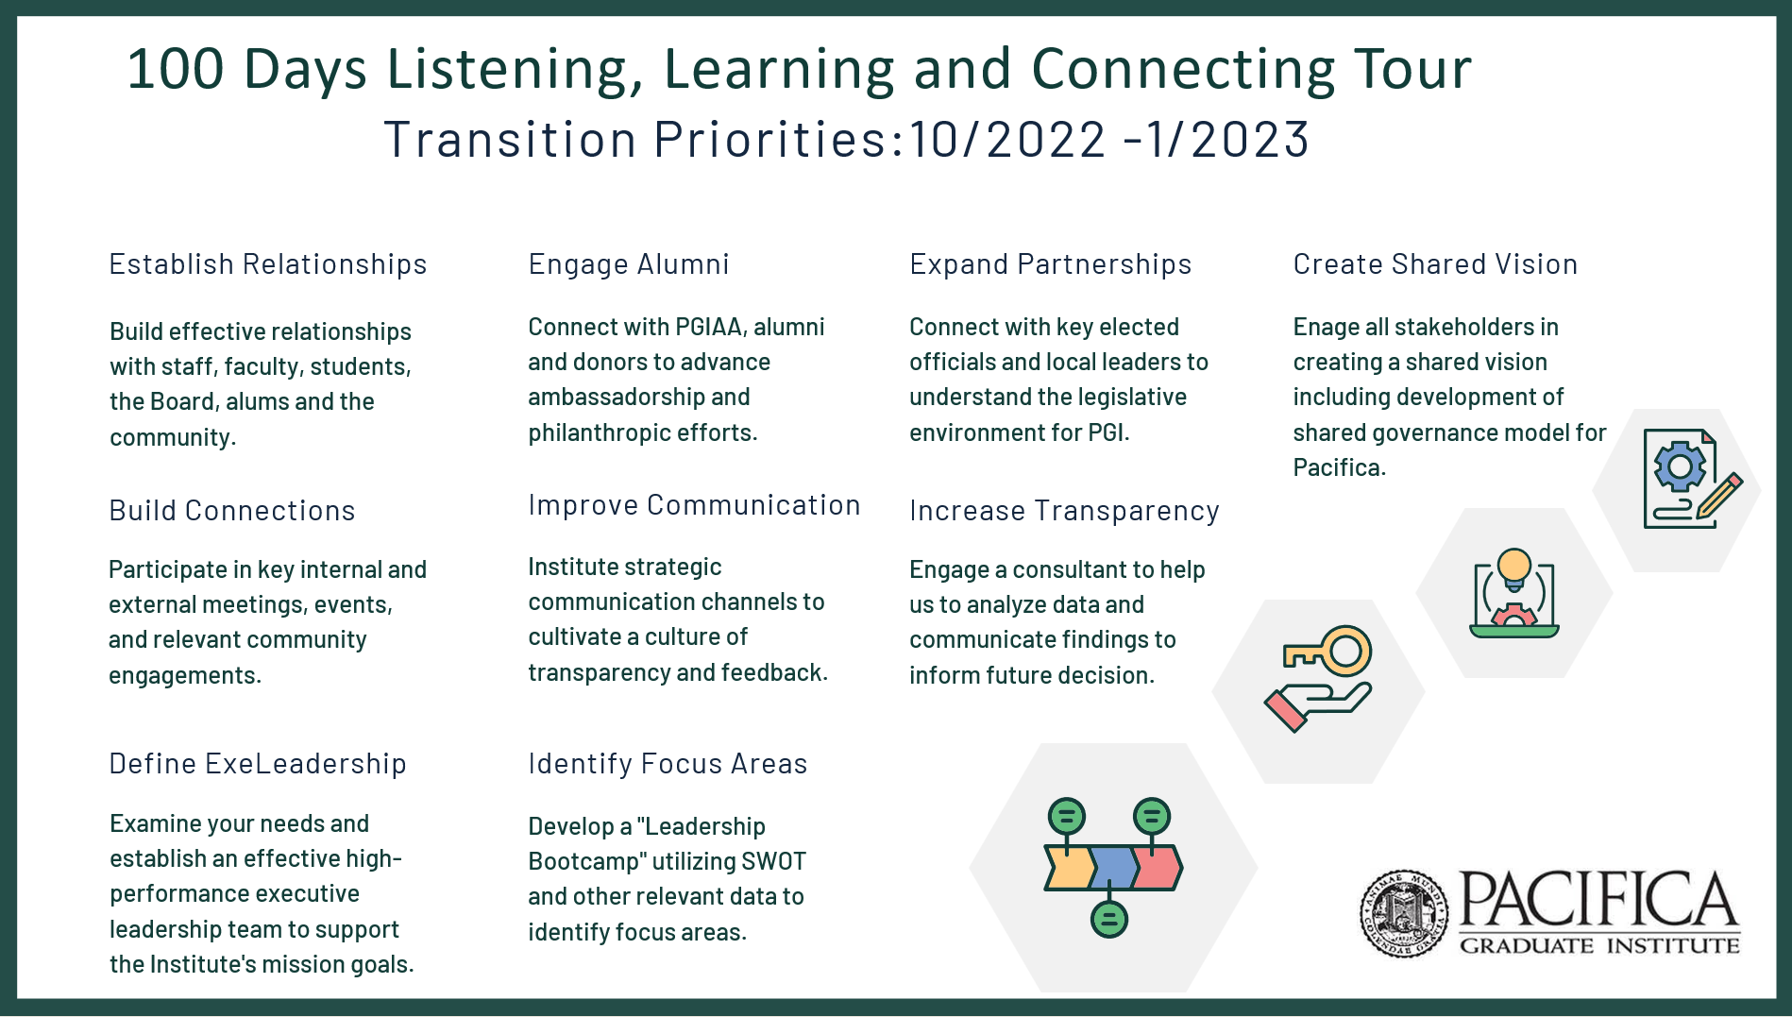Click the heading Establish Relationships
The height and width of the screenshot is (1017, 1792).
(268, 264)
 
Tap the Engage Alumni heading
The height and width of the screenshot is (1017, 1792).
(629, 264)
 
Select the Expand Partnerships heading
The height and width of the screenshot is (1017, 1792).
(1051, 264)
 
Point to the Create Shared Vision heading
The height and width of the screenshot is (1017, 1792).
(1435, 264)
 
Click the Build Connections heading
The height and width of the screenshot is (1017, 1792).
(232, 511)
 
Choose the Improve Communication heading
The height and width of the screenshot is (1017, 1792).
(695, 505)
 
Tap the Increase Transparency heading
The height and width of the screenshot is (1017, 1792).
(1065, 511)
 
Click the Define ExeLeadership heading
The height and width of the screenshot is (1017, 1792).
(258, 764)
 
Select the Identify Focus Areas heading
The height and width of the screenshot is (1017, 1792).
(668, 764)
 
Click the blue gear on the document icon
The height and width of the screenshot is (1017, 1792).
(1680, 466)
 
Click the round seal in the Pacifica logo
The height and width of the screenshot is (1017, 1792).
(1404, 913)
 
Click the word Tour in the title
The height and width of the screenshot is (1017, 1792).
(1412, 69)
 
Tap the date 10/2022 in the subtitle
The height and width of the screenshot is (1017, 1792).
(1007, 140)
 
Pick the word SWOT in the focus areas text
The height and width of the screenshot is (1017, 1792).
(774, 862)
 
